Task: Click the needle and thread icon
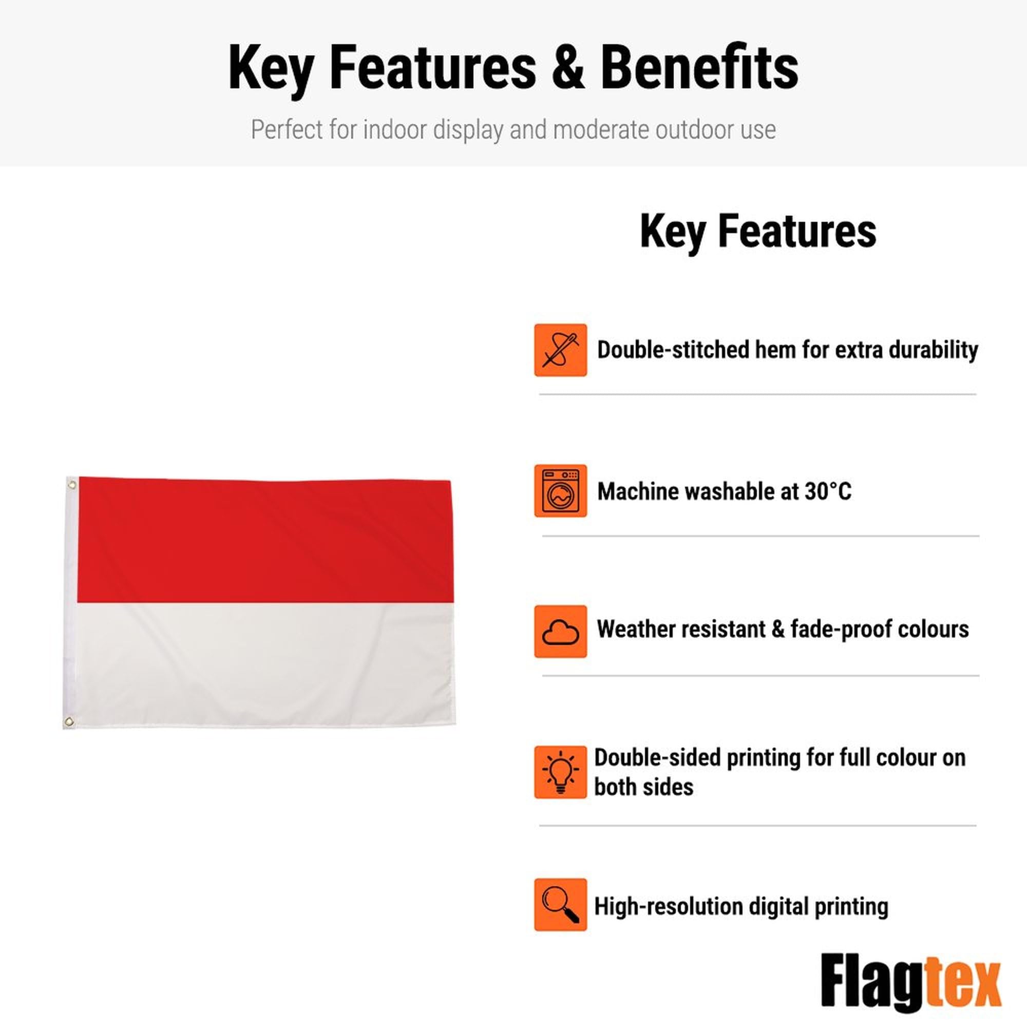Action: pos(560,350)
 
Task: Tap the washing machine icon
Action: pos(560,490)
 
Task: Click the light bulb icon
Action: pos(560,772)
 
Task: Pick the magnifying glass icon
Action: pos(560,905)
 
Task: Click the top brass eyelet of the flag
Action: pos(72,484)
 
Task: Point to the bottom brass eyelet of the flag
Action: pos(69,721)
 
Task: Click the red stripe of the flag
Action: pos(265,541)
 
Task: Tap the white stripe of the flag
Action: pos(265,664)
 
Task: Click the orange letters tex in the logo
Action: pos(963,982)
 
